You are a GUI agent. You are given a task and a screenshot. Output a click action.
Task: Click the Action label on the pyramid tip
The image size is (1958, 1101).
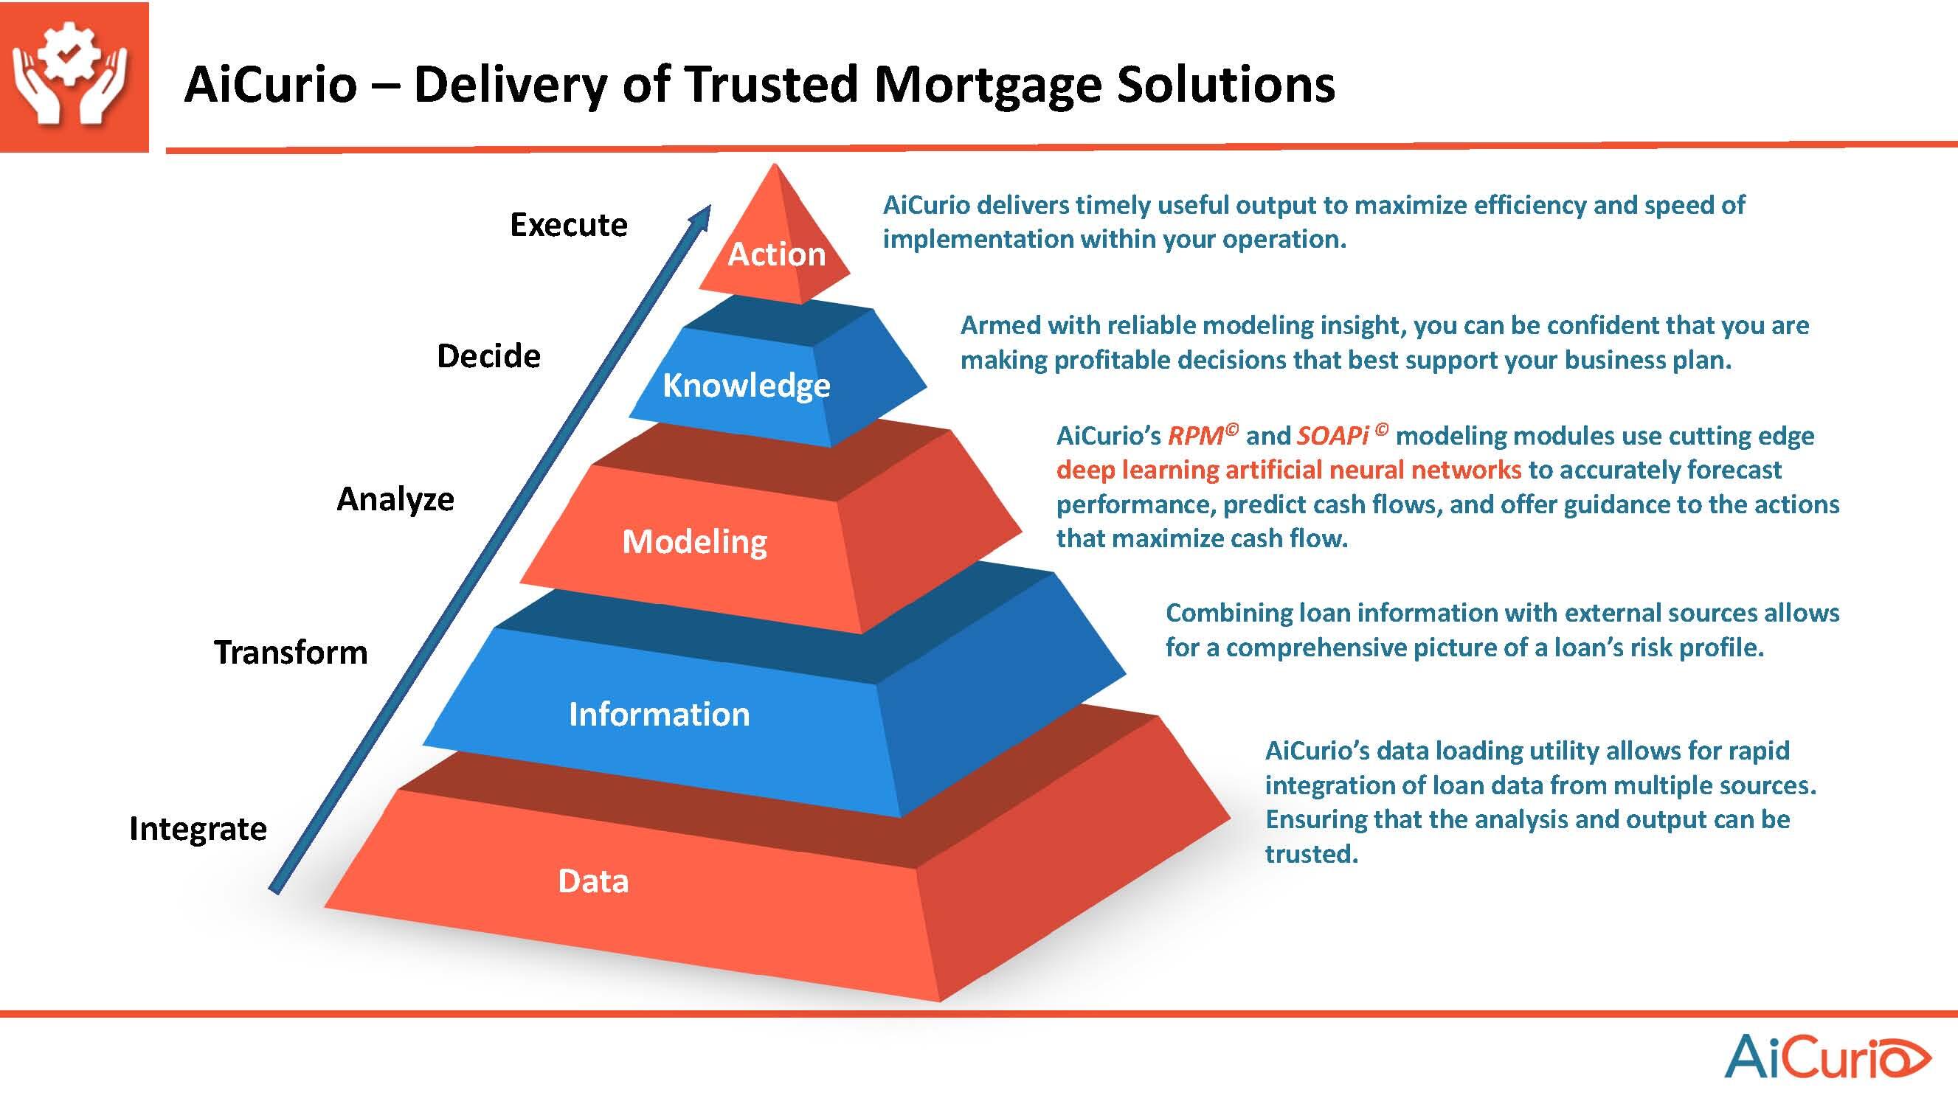(x=777, y=254)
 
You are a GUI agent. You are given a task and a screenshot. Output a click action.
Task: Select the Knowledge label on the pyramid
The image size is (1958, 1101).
(x=747, y=385)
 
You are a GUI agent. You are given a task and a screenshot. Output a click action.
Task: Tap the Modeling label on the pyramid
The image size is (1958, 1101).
(x=695, y=542)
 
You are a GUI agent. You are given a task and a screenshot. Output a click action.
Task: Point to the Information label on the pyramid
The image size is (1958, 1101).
(x=659, y=715)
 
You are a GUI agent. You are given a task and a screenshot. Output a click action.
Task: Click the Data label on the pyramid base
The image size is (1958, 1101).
(x=594, y=881)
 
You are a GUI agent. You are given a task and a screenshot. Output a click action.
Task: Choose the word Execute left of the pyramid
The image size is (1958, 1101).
(x=569, y=225)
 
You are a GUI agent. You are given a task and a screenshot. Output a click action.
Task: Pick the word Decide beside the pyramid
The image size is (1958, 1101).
(x=488, y=356)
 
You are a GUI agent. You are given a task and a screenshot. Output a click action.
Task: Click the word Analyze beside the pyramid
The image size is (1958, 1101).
(x=395, y=499)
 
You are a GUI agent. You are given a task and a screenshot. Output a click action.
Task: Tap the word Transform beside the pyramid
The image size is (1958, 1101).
(x=291, y=653)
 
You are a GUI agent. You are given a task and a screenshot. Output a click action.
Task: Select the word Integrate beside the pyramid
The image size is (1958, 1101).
(x=198, y=829)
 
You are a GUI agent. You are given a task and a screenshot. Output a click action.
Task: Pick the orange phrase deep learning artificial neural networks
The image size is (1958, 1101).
(x=1288, y=470)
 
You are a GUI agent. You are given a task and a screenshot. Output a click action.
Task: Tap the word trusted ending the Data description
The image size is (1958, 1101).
(x=1311, y=854)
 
